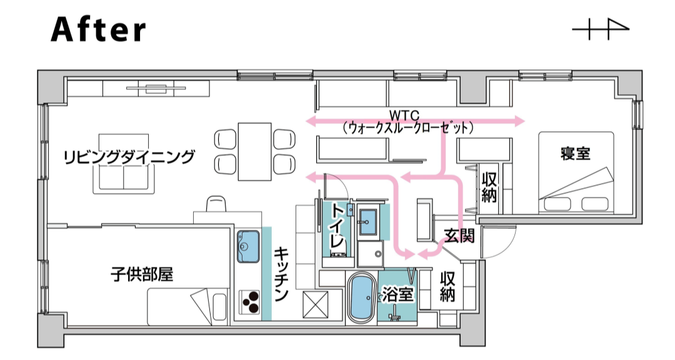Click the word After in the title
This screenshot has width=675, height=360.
tap(99, 29)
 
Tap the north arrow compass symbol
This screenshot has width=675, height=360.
tap(601, 29)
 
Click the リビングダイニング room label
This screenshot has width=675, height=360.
tap(129, 157)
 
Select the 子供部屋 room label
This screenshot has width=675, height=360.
tap(142, 274)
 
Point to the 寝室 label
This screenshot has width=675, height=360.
tap(575, 154)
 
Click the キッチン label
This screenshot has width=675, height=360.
tap(281, 274)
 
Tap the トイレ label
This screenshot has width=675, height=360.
tap(337, 227)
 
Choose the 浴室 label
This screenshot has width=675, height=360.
tap(398, 295)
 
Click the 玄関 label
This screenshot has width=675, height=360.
tap(459, 236)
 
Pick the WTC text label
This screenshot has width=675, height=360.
tap(404, 116)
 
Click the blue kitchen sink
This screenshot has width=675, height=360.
tap(248, 246)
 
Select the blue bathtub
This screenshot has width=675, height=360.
tap(362, 298)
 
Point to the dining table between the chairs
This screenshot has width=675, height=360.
tap(255, 152)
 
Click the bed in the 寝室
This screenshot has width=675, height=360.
tap(576, 172)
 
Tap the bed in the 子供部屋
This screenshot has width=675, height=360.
tap(187, 307)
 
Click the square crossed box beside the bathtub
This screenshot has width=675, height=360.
tap(316, 304)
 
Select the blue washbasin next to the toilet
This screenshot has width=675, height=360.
tap(368, 222)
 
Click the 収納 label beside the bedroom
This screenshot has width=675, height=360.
tap(489, 187)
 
